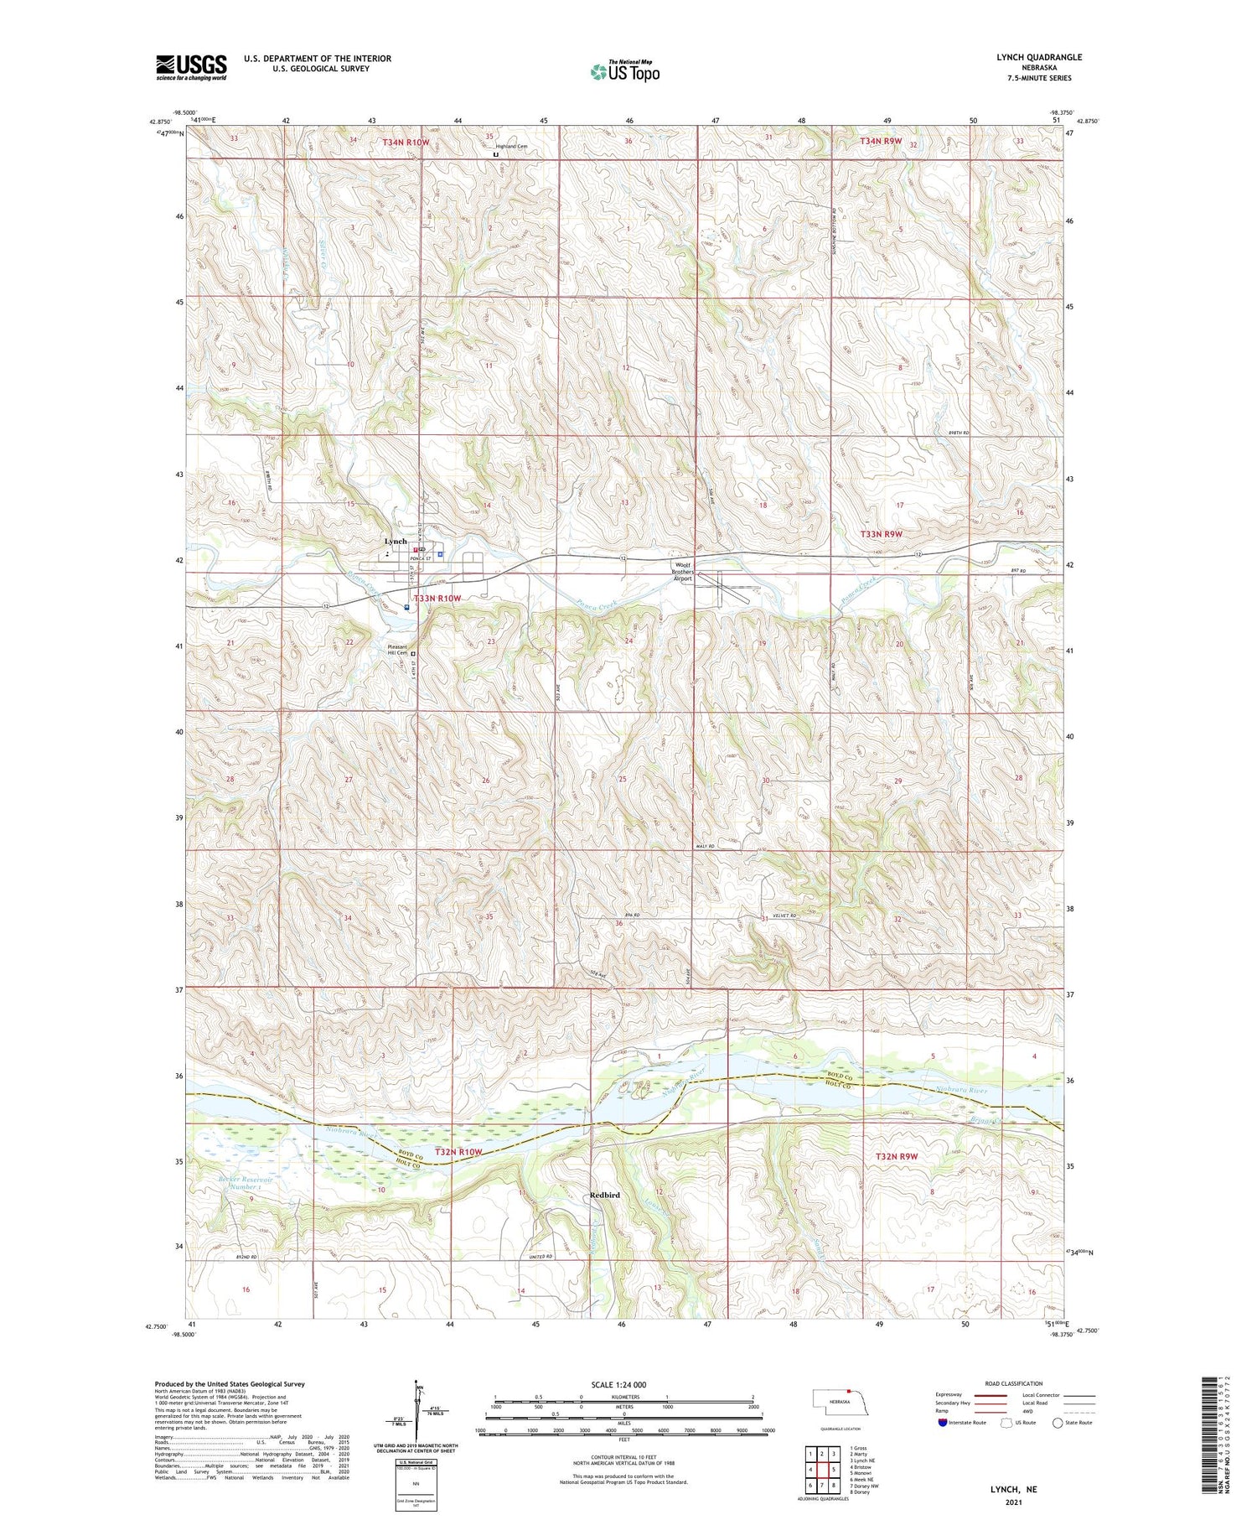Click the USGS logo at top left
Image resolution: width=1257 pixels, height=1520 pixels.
(191, 67)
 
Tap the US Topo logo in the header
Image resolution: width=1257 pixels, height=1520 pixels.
(625, 71)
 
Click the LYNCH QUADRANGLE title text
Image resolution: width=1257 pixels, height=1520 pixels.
(1038, 57)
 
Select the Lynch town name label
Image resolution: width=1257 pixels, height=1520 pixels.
(395, 542)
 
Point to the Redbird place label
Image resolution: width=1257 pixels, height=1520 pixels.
(604, 1195)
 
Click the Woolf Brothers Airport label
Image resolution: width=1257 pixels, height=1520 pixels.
(684, 572)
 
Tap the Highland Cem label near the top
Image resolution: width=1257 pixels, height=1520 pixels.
(511, 147)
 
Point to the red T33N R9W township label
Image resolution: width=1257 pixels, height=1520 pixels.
(881, 534)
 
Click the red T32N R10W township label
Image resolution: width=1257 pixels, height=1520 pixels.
(458, 1152)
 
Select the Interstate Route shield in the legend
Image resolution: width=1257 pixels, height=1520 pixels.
(942, 1423)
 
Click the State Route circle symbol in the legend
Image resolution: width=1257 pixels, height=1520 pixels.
(1058, 1423)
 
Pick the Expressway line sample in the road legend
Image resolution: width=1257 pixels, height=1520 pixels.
(989, 1395)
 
